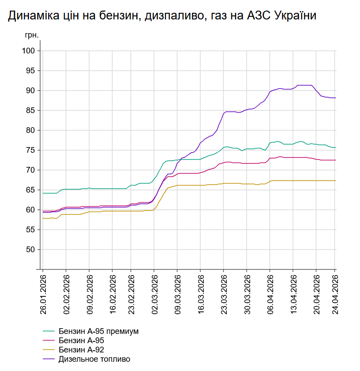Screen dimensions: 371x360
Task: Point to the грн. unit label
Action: [x=32, y=34]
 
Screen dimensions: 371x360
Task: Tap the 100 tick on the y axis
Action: [x=29, y=51]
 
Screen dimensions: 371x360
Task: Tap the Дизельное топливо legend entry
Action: [x=94, y=359]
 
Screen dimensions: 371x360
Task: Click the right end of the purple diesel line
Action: [x=335, y=98]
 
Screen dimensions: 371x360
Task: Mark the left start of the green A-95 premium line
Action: [x=43, y=193]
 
